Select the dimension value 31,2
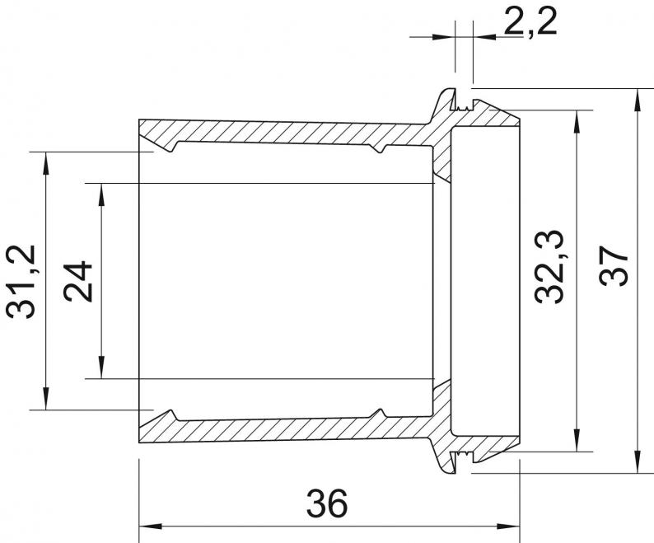coord(21,282)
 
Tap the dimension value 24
coord(77,281)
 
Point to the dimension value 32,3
coord(549,266)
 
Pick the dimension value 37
coord(614,265)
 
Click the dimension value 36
coord(326,503)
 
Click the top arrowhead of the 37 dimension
coord(638,101)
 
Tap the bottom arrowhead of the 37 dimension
coord(638,461)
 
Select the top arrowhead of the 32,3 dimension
coord(577,122)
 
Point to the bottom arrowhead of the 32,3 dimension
coord(577,439)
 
